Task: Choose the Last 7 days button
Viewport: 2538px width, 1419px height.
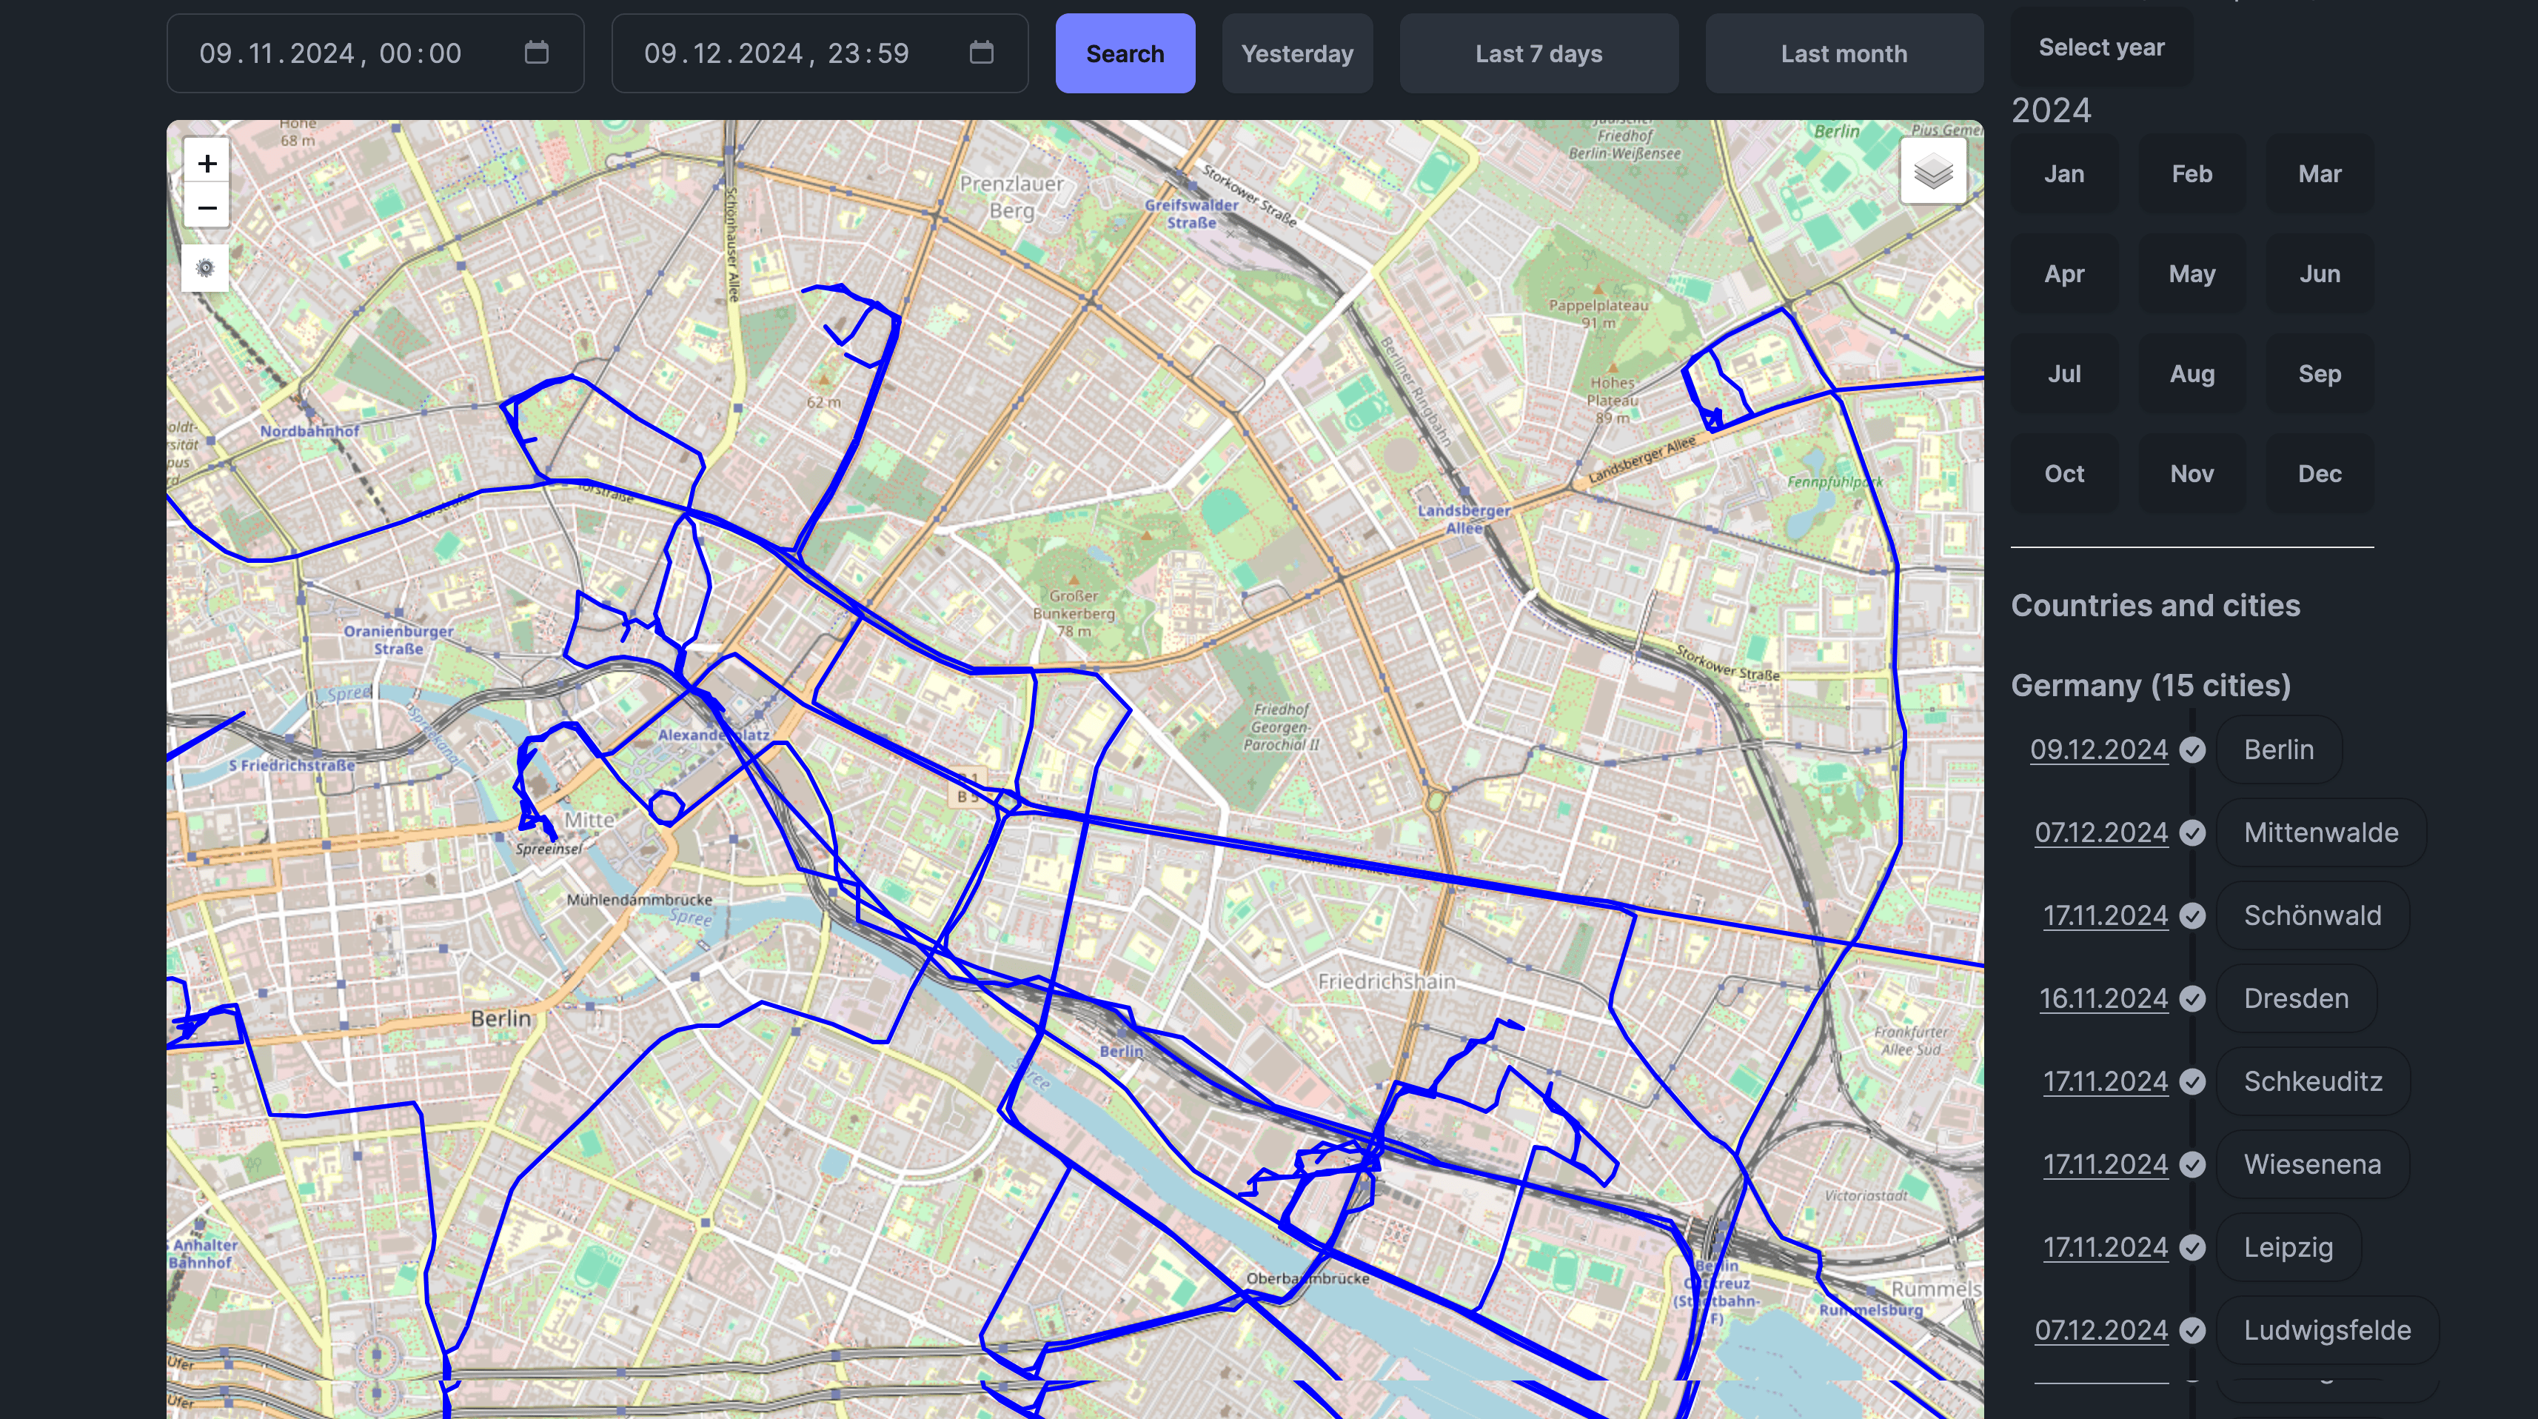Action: pyautogui.click(x=1538, y=53)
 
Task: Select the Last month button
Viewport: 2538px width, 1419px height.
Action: pyautogui.click(x=1844, y=53)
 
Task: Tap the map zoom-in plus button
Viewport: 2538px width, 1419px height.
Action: pyautogui.click(x=207, y=163)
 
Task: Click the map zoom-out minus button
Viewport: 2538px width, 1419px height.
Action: pyautogui.click(x=207, y=208)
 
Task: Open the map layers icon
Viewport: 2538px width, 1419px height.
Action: pyautogui.click(x=1932, y=172)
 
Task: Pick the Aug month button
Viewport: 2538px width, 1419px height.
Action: pyautogui.click(x=2192, y=373)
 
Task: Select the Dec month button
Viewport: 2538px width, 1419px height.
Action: pyautogui.click(x=2320, y=474)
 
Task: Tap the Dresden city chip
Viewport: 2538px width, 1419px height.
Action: pyautogui.click(x=2296, y=998)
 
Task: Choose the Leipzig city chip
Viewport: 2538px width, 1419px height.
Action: pyautogui.click(x=2288, y=1247)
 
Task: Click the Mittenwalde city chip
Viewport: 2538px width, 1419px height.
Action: pyautogui.click(x=2320, y=832)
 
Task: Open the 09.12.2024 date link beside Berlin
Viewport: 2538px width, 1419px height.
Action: pyautogui.click(x=2098, y=750)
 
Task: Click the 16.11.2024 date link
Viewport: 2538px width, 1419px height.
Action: pyautogui.click(x=2103, y=998)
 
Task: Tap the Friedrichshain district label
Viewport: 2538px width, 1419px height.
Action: pyautogui.click(x=1386, y=981)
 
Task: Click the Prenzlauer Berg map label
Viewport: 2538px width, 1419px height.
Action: pyautogui.click(x=1011, y=196)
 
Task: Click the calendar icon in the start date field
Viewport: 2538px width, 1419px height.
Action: pyautogui.click(x=536, y=53)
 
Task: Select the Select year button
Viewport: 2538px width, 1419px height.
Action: pyautogui.click(x=2100, y=47)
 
